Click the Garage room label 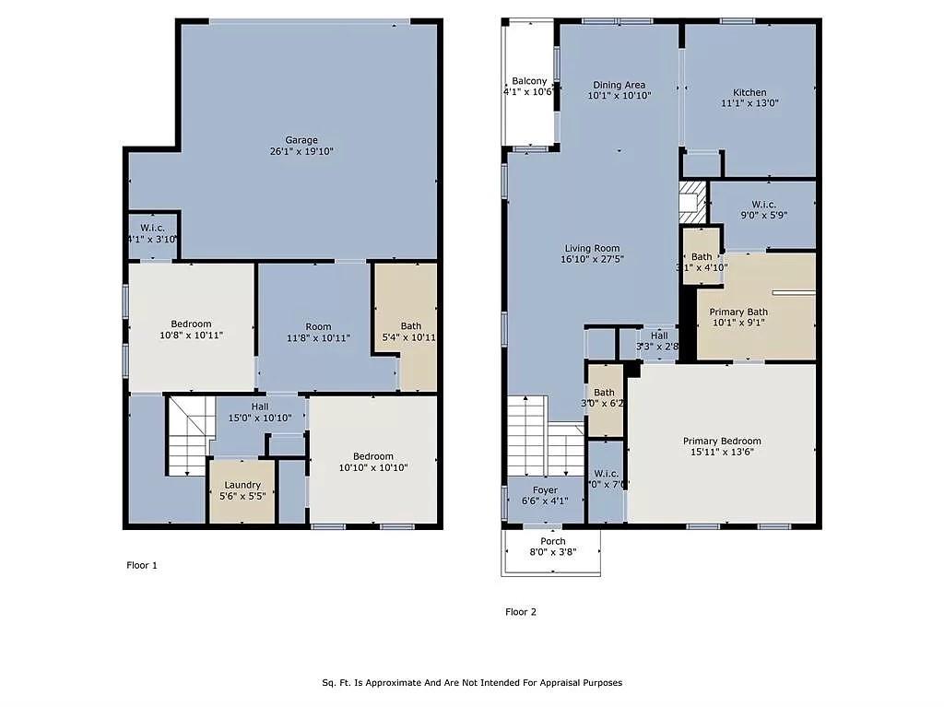[301, 139]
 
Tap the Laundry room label [242, 485]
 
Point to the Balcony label [529, 81]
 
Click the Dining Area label [619, 85]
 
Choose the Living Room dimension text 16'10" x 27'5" [592, 260]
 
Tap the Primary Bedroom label [722, 441]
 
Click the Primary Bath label [738, 312]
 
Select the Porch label [553, 541]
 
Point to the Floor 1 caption [141, 565]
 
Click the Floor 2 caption [521, 611]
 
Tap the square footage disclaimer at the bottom [472, 683]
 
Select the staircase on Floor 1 [187, 436]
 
